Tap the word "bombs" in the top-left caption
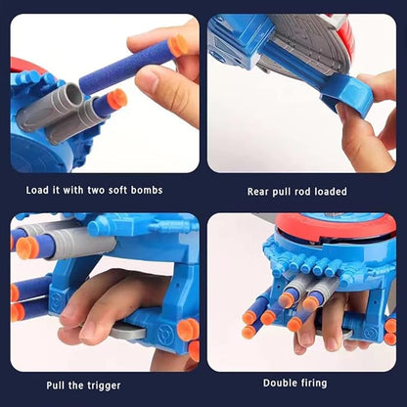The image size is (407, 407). pyautogui.click(x=146, y=189)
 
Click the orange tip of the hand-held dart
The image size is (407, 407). pyautogui.click(x=177, y=45)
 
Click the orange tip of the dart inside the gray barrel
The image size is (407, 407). pyautogui.click(x=116, y=99)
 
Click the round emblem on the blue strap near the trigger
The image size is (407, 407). pyautogui.click(x=184, y=330)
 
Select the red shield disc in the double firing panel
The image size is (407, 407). pyautogui.click(x=338, y=228)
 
